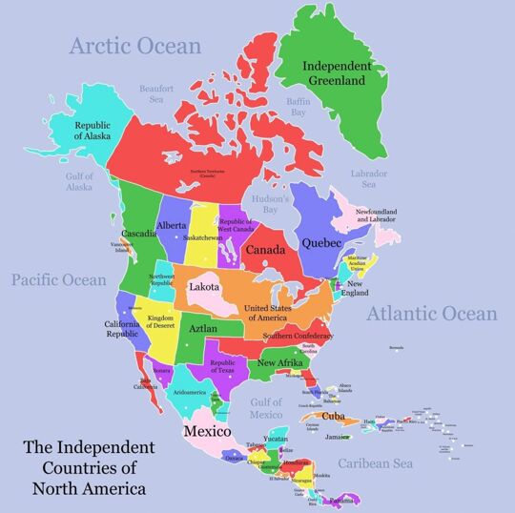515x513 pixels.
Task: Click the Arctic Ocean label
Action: click(135, 46)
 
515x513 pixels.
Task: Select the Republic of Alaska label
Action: click(93, 131)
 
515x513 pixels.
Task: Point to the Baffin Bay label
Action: click(299, 106)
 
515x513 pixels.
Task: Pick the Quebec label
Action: click(321, 242)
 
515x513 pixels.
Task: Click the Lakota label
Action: click(204, 286)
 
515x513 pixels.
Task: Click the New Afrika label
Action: click(280, 362)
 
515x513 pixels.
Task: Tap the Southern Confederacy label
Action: click(299, 336)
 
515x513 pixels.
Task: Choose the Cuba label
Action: click(332, 416)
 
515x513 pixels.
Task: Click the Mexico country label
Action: click(207, 431)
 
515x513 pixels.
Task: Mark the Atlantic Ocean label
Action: click(432, 314)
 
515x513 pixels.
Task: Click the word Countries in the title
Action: click(89, 467)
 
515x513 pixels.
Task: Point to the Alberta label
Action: click(172, 226)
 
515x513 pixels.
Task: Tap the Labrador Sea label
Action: click(369, 179)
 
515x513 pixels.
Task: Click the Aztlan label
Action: click(202, 328)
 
